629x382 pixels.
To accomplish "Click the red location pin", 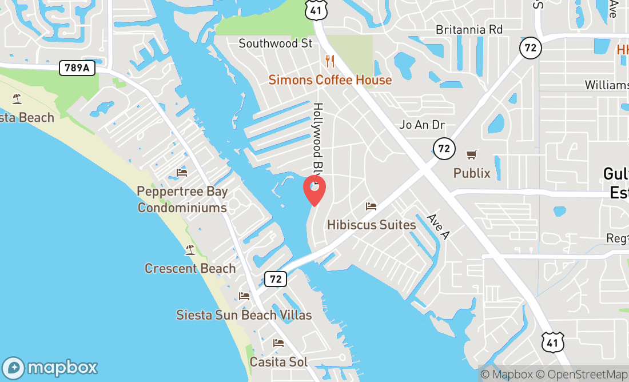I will click(x=314, y=189).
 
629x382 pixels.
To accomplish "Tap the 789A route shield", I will click(x=77, y=68).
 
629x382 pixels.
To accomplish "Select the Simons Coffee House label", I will click(x=330, y=80).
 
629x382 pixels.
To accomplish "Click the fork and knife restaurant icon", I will click(x=329, y=61).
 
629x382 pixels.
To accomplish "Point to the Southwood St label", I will click(x=276, y=43).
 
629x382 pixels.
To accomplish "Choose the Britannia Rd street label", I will click(x=469, y=30).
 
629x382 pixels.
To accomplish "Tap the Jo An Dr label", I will click(x=422, y=125).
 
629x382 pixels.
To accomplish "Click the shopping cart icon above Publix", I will click(x=472, y=154).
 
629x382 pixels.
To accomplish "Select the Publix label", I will click(x=472, y=173).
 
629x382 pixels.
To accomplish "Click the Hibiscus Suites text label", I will click(x=371, y=225).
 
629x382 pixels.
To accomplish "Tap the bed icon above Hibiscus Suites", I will click(x=371, y=206).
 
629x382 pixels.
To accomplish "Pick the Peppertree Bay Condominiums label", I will click(x=182, y=200).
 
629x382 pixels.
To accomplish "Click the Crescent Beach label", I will click(x=190, y=268).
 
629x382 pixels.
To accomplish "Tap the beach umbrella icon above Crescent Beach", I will click(x=190, y=250).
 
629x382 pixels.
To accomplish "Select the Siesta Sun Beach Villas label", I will click(x=244, y=315).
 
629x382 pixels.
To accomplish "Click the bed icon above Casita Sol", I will click(x=278, y=343).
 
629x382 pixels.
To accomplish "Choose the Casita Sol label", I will click(x=278, y=361).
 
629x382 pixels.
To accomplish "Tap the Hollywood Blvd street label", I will click(x=317, y=137).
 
